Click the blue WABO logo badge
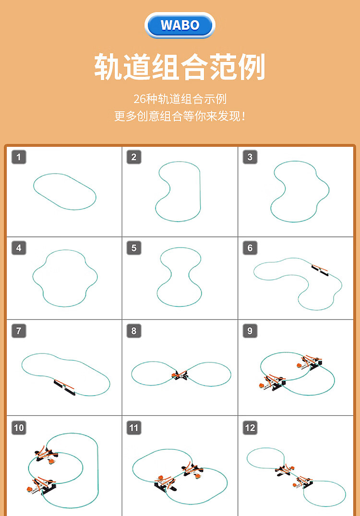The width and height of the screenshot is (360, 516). [x=180, y=25]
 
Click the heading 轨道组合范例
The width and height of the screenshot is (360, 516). [x=180, y=67]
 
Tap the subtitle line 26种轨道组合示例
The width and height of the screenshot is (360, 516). [x=180, y=99]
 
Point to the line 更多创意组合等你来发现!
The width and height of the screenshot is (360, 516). [x=180, y=116]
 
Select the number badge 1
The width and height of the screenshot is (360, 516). [x=19, y=157]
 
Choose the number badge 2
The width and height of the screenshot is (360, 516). [x=134, y=157]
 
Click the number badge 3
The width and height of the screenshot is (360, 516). [x=250, y=157]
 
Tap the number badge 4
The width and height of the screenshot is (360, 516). [x=19, y=248]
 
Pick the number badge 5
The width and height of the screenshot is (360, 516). [x=134, y=248]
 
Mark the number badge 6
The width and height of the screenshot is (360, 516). [x=250, y=248]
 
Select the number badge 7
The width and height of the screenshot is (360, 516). [x=19, y=331]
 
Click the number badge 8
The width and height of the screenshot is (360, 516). [x=134, y=331]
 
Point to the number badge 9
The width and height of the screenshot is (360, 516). [x=250, y=331]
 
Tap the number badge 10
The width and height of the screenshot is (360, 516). [x=19, y=428]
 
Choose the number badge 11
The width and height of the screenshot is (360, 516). [x=134, y=428]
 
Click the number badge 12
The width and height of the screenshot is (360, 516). [x=250, y=428]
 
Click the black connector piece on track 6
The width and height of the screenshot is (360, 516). [x=320, y=270]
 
